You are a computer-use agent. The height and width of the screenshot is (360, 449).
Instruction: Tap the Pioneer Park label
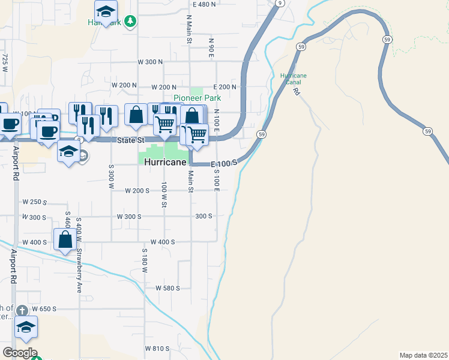point(197,98)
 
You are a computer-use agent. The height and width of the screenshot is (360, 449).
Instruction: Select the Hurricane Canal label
point(294,79)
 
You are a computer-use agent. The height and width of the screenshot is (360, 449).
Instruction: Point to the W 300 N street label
point(150,62)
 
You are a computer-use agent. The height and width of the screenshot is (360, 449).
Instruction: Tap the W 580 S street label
point(167,288)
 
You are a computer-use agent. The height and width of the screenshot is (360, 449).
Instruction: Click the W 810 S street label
point(157,348)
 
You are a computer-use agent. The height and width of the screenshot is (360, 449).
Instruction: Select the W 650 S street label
point(44,309)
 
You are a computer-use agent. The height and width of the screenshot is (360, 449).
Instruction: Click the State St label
point(131,140)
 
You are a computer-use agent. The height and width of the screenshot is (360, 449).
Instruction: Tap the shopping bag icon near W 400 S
point(65,239)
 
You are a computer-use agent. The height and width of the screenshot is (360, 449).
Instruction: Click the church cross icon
point(22,310)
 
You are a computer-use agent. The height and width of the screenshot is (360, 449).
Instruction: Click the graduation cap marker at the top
point(106,11)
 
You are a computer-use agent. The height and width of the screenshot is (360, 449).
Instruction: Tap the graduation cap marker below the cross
point(26,328)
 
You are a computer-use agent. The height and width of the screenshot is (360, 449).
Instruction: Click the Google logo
point(20,353)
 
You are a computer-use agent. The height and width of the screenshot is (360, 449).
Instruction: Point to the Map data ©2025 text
point(423,355)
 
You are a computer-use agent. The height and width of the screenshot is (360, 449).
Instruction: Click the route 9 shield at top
point(279,3)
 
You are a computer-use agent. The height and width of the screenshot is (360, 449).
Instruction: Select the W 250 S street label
point(34,202)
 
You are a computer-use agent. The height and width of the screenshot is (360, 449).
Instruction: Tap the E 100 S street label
point(224,163)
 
